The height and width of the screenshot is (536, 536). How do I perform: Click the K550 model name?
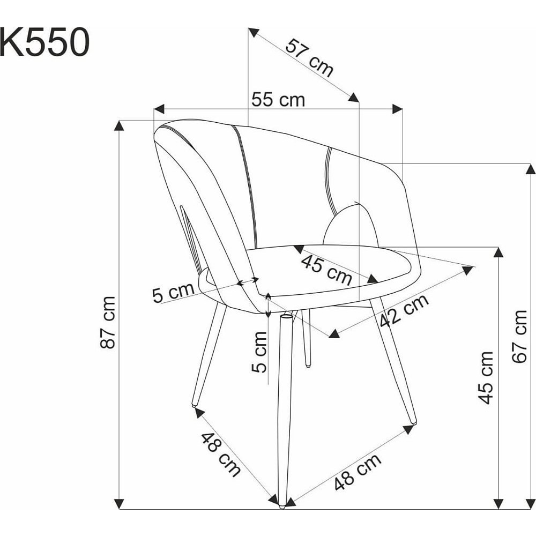click(45, 42)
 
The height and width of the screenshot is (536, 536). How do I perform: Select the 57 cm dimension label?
click(309, 58)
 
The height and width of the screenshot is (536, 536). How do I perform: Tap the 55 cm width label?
click(278, 100)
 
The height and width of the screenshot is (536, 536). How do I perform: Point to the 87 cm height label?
click(108, 322)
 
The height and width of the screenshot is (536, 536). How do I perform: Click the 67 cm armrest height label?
click(519, 337)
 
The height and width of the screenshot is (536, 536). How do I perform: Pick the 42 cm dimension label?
click(404, 310)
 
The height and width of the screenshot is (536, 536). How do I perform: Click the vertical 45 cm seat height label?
click(486, 378)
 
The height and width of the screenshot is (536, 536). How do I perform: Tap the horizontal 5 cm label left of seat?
click(173, 293)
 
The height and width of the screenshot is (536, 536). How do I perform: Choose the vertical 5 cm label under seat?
click(259, 352)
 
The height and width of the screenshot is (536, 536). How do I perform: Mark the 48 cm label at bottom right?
click(358, 472)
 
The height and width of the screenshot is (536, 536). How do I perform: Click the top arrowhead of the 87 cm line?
click(118, 125)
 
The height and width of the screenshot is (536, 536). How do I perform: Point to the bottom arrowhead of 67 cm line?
click(531, 504)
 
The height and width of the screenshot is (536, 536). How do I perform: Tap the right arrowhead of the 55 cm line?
click(398, 109)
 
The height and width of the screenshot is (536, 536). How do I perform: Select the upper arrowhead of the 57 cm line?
click(254, 32)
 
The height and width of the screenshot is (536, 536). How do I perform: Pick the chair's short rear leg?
click(306, 338)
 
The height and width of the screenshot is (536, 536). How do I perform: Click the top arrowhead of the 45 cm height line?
click(498, 252)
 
